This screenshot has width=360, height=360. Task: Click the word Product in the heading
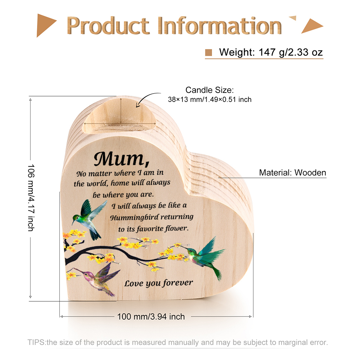[108, 26]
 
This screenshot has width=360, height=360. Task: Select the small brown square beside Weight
[208, 53]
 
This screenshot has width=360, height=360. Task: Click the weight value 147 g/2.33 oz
[291, 52]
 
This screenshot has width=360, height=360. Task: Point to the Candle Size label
[210, 90]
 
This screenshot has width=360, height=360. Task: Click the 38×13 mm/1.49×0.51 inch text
[210, 99]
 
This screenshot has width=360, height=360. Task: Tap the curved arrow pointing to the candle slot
[148, 99]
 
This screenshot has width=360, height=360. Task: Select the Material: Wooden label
[292, 173]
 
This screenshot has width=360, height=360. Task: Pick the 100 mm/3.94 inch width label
[151, 316]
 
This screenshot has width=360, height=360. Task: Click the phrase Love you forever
[159, 283]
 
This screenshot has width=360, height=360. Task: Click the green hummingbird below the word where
[89, 219]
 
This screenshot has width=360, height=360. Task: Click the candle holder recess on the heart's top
[120, 116]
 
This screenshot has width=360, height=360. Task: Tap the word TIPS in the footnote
[36, 342]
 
